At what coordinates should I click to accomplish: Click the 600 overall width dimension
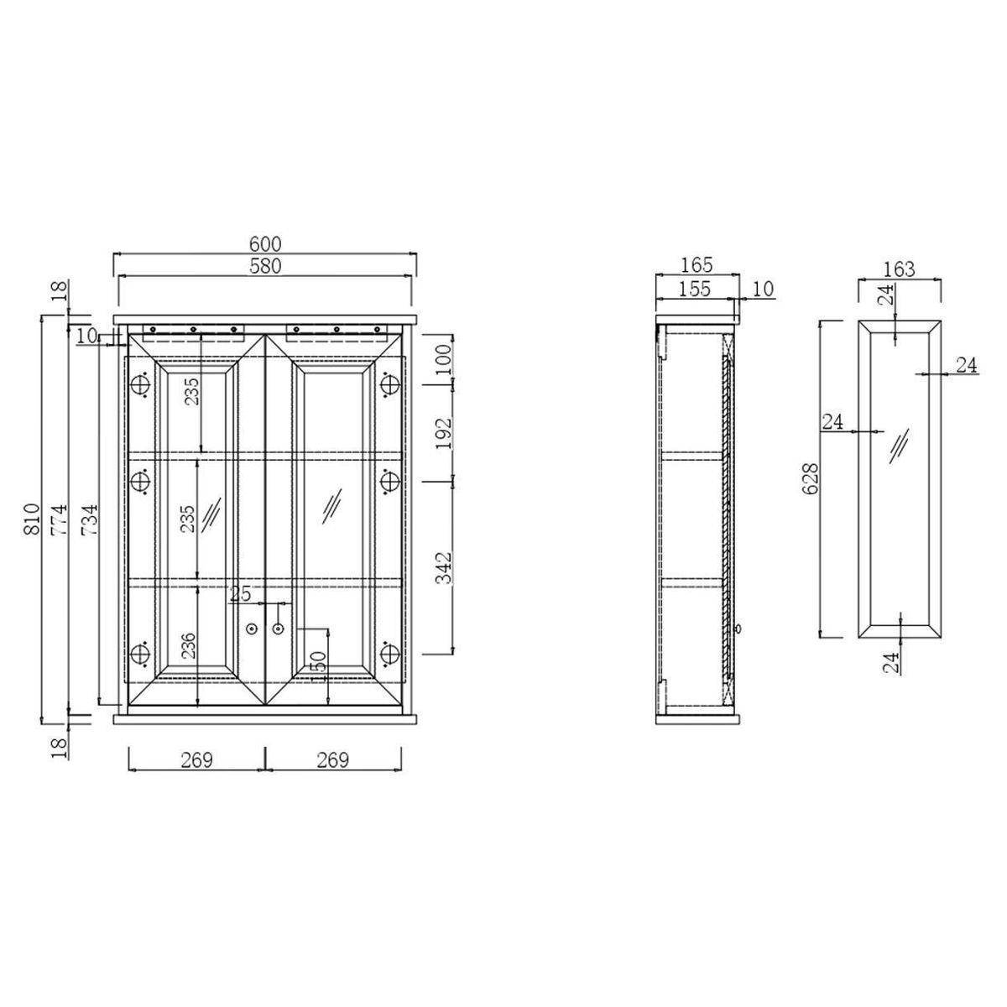click(x=265, y=244)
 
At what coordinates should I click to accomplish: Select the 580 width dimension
click(x=265, y=267)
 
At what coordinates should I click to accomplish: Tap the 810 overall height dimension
click(x=32, y=519)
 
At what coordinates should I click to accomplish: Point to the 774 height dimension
click(x=59, y=519)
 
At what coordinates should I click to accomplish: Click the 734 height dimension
click(x=89, y=519)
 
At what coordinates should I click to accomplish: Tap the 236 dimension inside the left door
click(x=188, y=646)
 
